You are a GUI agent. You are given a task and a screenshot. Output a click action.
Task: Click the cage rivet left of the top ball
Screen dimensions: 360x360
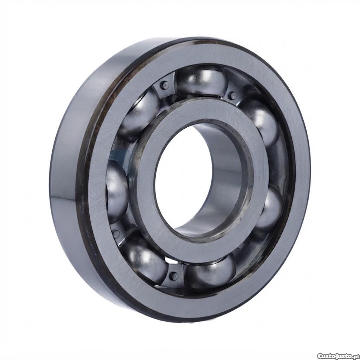coord(165,85)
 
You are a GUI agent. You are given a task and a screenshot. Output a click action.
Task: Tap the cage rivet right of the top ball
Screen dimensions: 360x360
coord(233,95)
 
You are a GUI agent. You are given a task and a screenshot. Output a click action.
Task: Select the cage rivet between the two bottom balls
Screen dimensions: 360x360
coord(174,276)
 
